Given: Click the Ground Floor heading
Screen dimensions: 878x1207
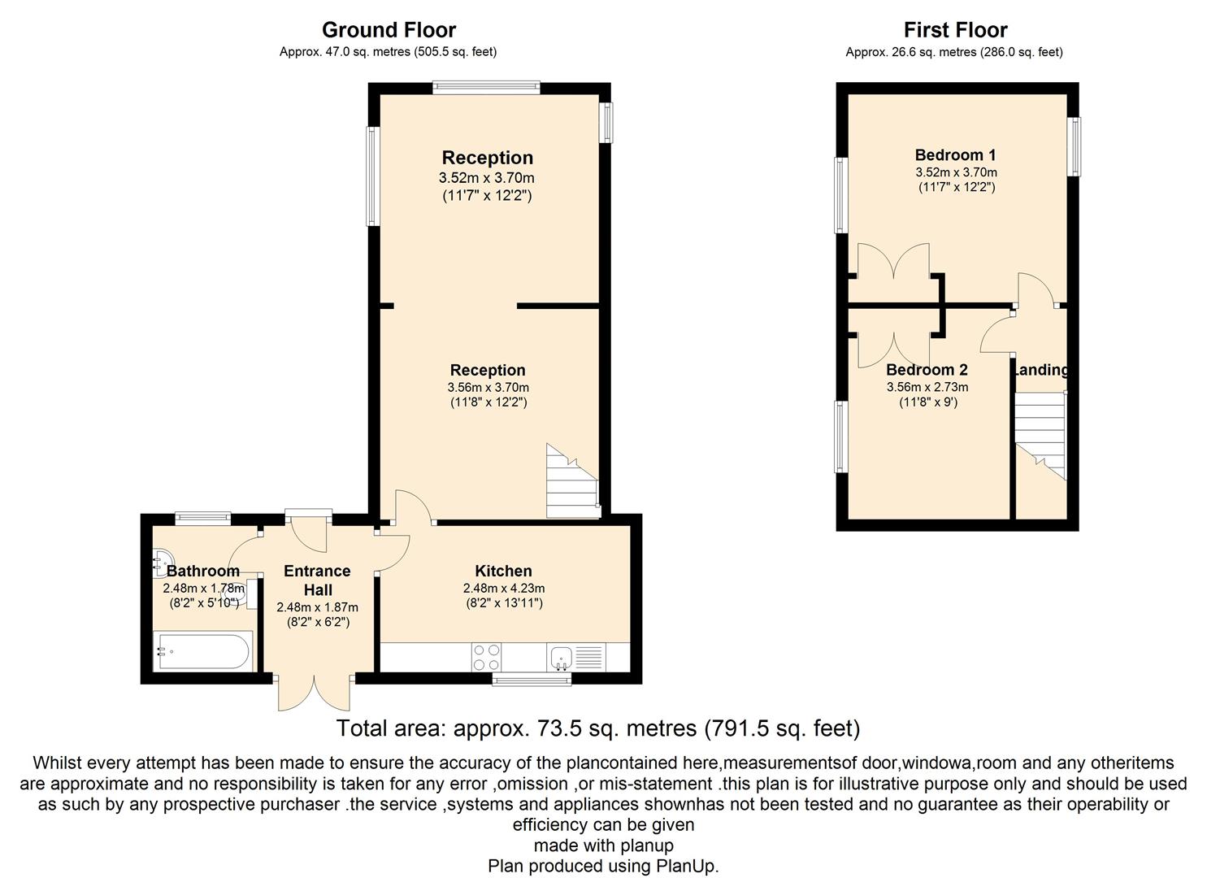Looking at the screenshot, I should [389, 30].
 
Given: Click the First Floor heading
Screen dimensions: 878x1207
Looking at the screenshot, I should [955, 30].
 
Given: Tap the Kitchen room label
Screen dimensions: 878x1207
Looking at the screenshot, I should [503, 571].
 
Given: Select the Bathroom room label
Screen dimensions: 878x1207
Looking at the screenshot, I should [202, 571].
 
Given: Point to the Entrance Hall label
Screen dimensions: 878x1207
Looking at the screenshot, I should [317, 580].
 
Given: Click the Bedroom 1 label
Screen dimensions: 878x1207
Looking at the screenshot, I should [955, 154].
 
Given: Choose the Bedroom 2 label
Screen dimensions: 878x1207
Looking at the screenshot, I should [927, 370].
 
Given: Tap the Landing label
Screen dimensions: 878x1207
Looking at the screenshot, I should [1041, 370].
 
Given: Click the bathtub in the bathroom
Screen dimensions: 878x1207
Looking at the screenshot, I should [203, 652].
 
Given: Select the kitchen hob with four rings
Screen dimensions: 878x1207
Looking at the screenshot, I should [486, 657].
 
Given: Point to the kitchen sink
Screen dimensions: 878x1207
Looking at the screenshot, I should [562, 657].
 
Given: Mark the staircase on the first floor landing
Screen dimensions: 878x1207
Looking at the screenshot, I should [1040, 436].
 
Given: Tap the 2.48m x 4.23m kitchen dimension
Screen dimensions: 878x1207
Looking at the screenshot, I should [503, 589].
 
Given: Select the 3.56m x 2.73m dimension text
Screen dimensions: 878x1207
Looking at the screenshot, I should [927, 387].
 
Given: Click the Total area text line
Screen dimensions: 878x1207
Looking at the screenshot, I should [597, 728].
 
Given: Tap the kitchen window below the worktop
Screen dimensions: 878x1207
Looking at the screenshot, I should [532, 678].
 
